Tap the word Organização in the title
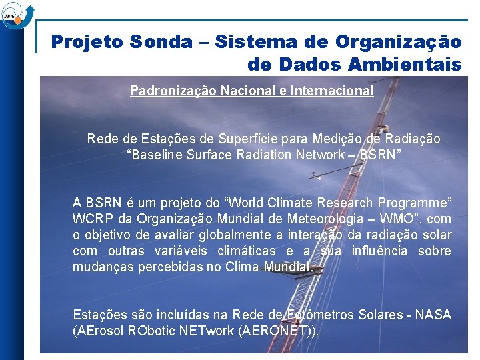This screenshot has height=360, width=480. pyautogui.click(x=398, y=42)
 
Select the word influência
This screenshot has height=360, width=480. pyautogui.click(x=375, y=251)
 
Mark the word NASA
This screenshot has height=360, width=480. pyautogui.click(x=433, y=315)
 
